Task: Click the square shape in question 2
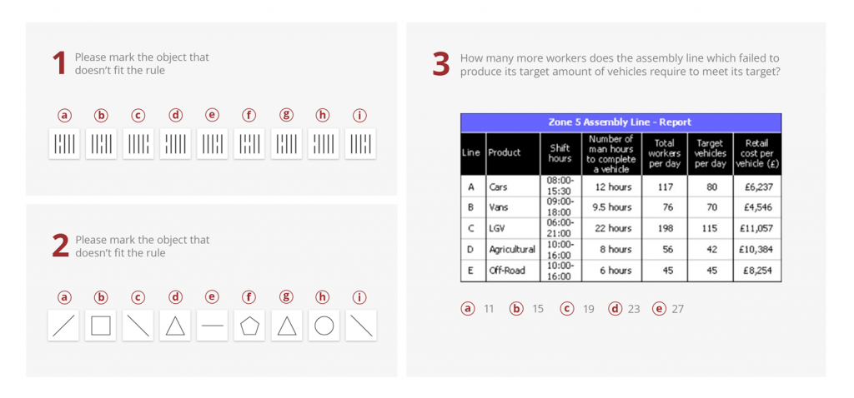click(101, 326)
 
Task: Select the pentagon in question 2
click(249, 326)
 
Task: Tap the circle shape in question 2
click(324, 326)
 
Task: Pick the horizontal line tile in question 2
click(213, 326)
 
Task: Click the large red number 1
click(59, 64)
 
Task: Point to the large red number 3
click(441, 65)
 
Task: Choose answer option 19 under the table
click(567, 309)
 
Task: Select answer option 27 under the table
click(660, 309)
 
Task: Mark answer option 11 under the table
click(469, 309)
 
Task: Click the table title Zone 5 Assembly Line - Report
click(620, 122)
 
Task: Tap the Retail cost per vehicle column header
click(756, 153)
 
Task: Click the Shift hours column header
click(560, 153)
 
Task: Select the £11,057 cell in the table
click(756, 228)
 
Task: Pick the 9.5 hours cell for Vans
click(612, 207)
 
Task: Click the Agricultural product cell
click(512, 249)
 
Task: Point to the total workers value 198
click(665, 228)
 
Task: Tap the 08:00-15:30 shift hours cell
click(560, 187)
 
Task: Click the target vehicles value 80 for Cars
click(711, 187)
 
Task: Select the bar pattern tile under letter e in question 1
click(213, 144)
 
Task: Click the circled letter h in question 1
click(324, 116)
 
